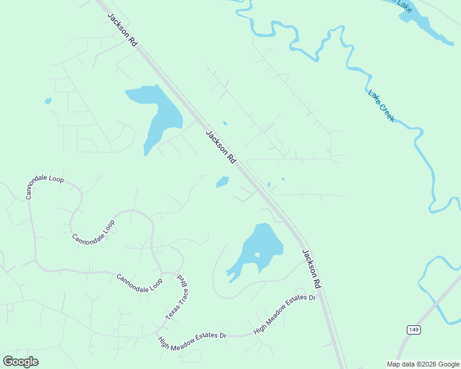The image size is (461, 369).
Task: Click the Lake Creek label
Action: [381, 106]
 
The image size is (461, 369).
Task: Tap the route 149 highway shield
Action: [414, 330]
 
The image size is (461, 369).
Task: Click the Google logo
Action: [21, 362]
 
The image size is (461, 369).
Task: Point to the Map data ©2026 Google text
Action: [423, 364]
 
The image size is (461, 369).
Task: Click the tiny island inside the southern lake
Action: [257, 255]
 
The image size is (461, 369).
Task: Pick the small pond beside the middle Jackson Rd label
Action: [222, 182]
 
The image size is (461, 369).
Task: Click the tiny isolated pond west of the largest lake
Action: [48, 101]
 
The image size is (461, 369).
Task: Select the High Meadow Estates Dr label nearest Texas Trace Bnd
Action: [192, 336]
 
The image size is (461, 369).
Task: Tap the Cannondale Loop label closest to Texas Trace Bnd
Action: [139, 282]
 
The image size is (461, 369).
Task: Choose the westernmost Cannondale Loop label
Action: [44, 183]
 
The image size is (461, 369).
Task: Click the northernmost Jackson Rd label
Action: [122, 30]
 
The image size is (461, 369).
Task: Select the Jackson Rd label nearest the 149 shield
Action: [312, 269]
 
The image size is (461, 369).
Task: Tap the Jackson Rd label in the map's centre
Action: [221, 147]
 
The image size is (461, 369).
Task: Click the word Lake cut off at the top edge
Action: [404, 5]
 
